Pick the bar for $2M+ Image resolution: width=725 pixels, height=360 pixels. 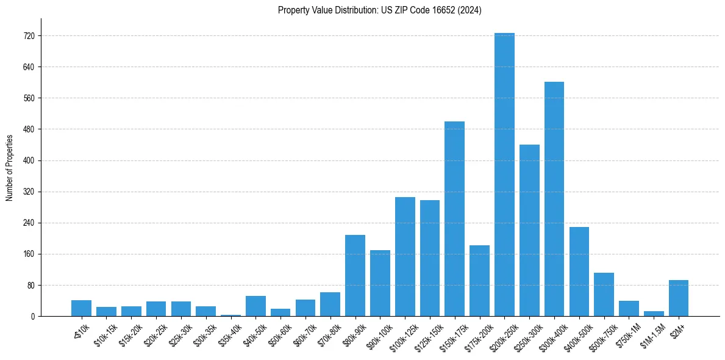point(679,298)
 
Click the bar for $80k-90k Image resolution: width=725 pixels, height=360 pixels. point(355,275)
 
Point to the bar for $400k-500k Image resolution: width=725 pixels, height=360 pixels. point(579,272)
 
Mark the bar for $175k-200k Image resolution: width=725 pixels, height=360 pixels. point(479,281)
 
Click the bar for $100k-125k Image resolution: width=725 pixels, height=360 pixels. point(405,256)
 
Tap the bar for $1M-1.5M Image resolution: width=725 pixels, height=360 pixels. point(654,314)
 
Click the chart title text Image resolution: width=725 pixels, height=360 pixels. point(379,10)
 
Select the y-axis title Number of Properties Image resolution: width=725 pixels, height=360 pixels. point(10,167)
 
